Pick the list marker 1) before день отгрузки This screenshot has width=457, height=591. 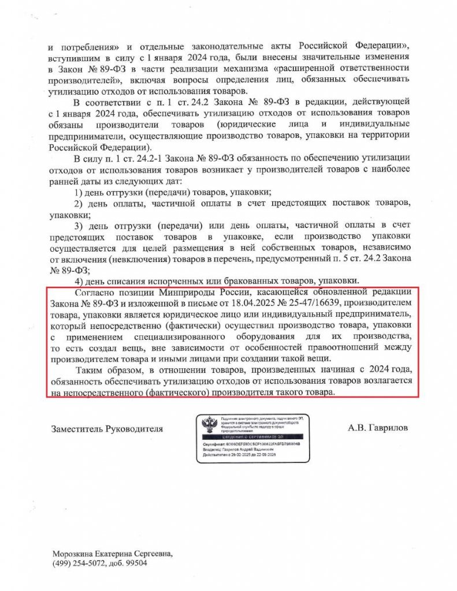point(81,192)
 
